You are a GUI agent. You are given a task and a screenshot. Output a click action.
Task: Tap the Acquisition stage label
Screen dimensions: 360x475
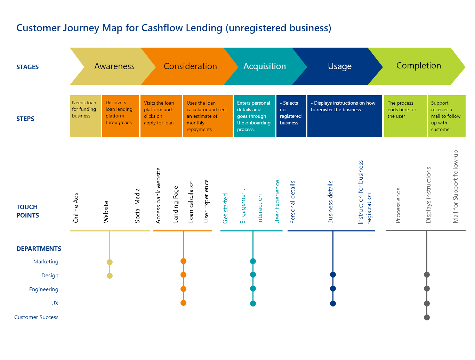point(265,66)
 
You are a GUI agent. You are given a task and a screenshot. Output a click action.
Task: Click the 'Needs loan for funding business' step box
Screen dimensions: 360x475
point(85,116)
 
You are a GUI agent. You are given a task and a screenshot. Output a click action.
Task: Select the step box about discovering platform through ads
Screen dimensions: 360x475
point(120,116)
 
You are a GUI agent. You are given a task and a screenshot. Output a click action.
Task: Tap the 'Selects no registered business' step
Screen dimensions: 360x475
point(291,116)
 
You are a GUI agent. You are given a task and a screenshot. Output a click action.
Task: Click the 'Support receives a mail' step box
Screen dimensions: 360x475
point(446,116)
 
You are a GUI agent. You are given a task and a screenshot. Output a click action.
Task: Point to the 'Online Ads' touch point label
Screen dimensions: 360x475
point(76,207)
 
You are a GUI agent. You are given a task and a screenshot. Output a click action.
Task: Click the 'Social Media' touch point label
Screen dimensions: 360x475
point(137,205)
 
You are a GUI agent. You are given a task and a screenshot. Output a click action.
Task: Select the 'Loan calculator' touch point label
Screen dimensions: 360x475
point(191,202)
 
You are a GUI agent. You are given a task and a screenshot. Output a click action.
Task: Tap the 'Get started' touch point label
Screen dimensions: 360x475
point(225,208)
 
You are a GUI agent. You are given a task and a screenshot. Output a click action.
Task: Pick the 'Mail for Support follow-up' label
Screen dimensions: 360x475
point(456,186)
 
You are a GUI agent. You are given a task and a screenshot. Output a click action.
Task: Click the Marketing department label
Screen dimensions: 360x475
point(46,262)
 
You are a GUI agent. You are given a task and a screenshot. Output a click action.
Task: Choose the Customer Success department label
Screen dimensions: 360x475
point(37,317)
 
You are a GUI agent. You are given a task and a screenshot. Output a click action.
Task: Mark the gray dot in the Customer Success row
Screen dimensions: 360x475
point(427,317)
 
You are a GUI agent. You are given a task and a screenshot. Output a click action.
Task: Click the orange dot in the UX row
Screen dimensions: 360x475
point(183,303)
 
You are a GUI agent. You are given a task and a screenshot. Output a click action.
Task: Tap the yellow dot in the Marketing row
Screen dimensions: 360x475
point(110,262)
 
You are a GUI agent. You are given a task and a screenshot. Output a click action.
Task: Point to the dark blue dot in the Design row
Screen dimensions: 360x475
point(333,275)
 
